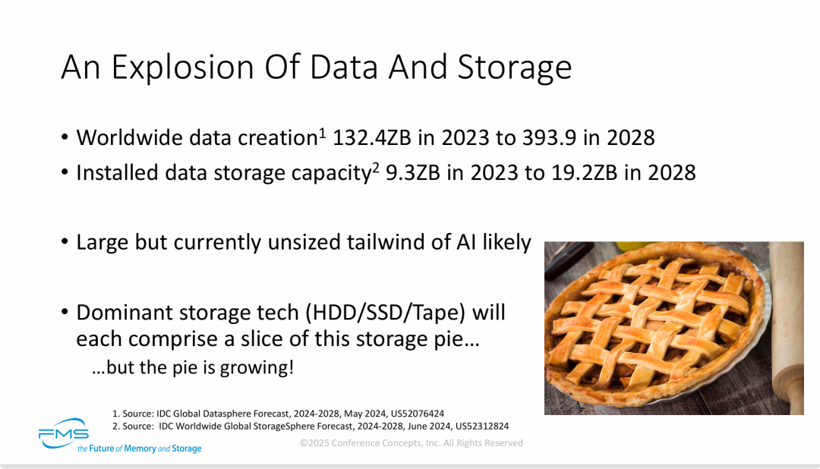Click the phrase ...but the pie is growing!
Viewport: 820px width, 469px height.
point(192,369)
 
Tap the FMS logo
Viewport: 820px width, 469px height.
point(64,433)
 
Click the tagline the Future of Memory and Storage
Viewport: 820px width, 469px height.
point(140,449)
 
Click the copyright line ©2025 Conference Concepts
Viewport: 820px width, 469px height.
point(411,442)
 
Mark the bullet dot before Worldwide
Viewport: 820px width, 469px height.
point(65,139)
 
